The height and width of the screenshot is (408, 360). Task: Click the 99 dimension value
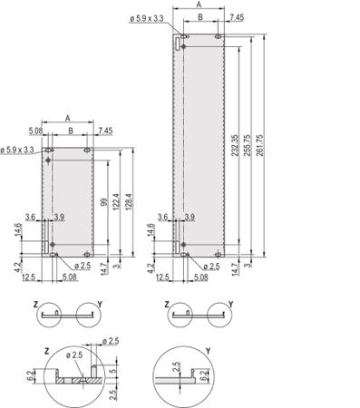[103, 202]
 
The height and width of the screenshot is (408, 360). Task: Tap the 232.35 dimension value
[235, 145]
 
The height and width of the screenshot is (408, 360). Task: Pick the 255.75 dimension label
[248, 145]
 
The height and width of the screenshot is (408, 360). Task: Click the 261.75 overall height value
[259, 145]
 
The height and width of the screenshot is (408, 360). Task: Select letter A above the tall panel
[199, 5]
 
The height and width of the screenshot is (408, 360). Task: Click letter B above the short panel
[71, 131]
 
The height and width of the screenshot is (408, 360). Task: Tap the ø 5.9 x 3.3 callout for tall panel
[147, 18]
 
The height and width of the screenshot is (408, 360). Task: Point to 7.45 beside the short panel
[105, 131]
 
